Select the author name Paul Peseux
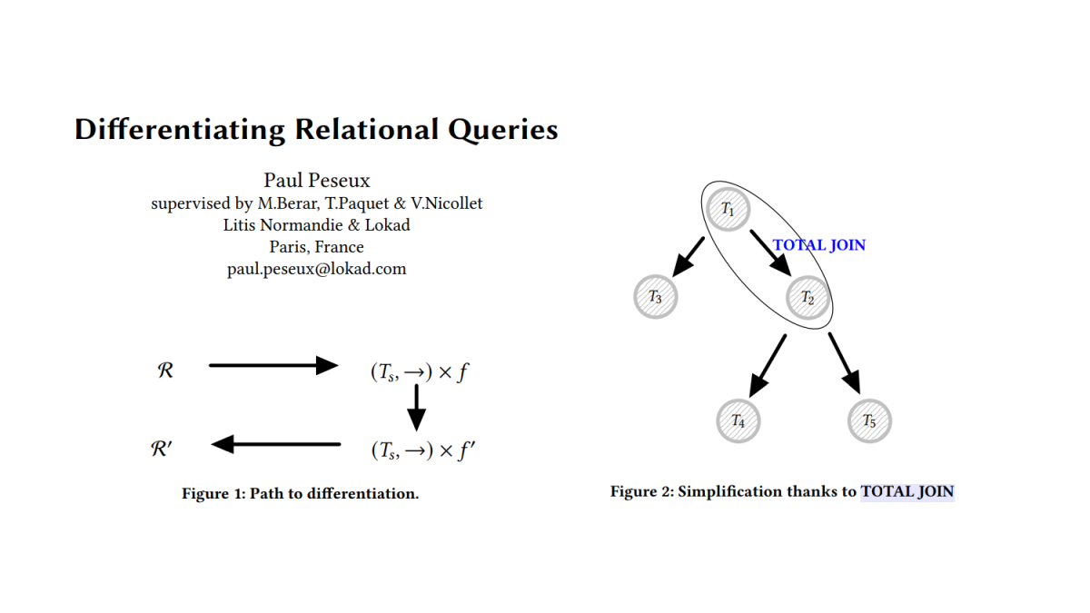(317, 181)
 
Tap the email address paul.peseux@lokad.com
(317, 269)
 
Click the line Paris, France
(317, 247)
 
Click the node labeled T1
(728, 209)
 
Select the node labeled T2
(808, 298)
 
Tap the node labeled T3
(655, 297)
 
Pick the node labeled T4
(738, 421)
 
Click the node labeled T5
(869, 421)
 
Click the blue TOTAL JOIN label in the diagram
(819, 245)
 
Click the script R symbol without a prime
(165, 371)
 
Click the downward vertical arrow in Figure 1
(416, 407)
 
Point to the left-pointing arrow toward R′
(275, 444)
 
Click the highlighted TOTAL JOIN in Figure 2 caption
(907, 492)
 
